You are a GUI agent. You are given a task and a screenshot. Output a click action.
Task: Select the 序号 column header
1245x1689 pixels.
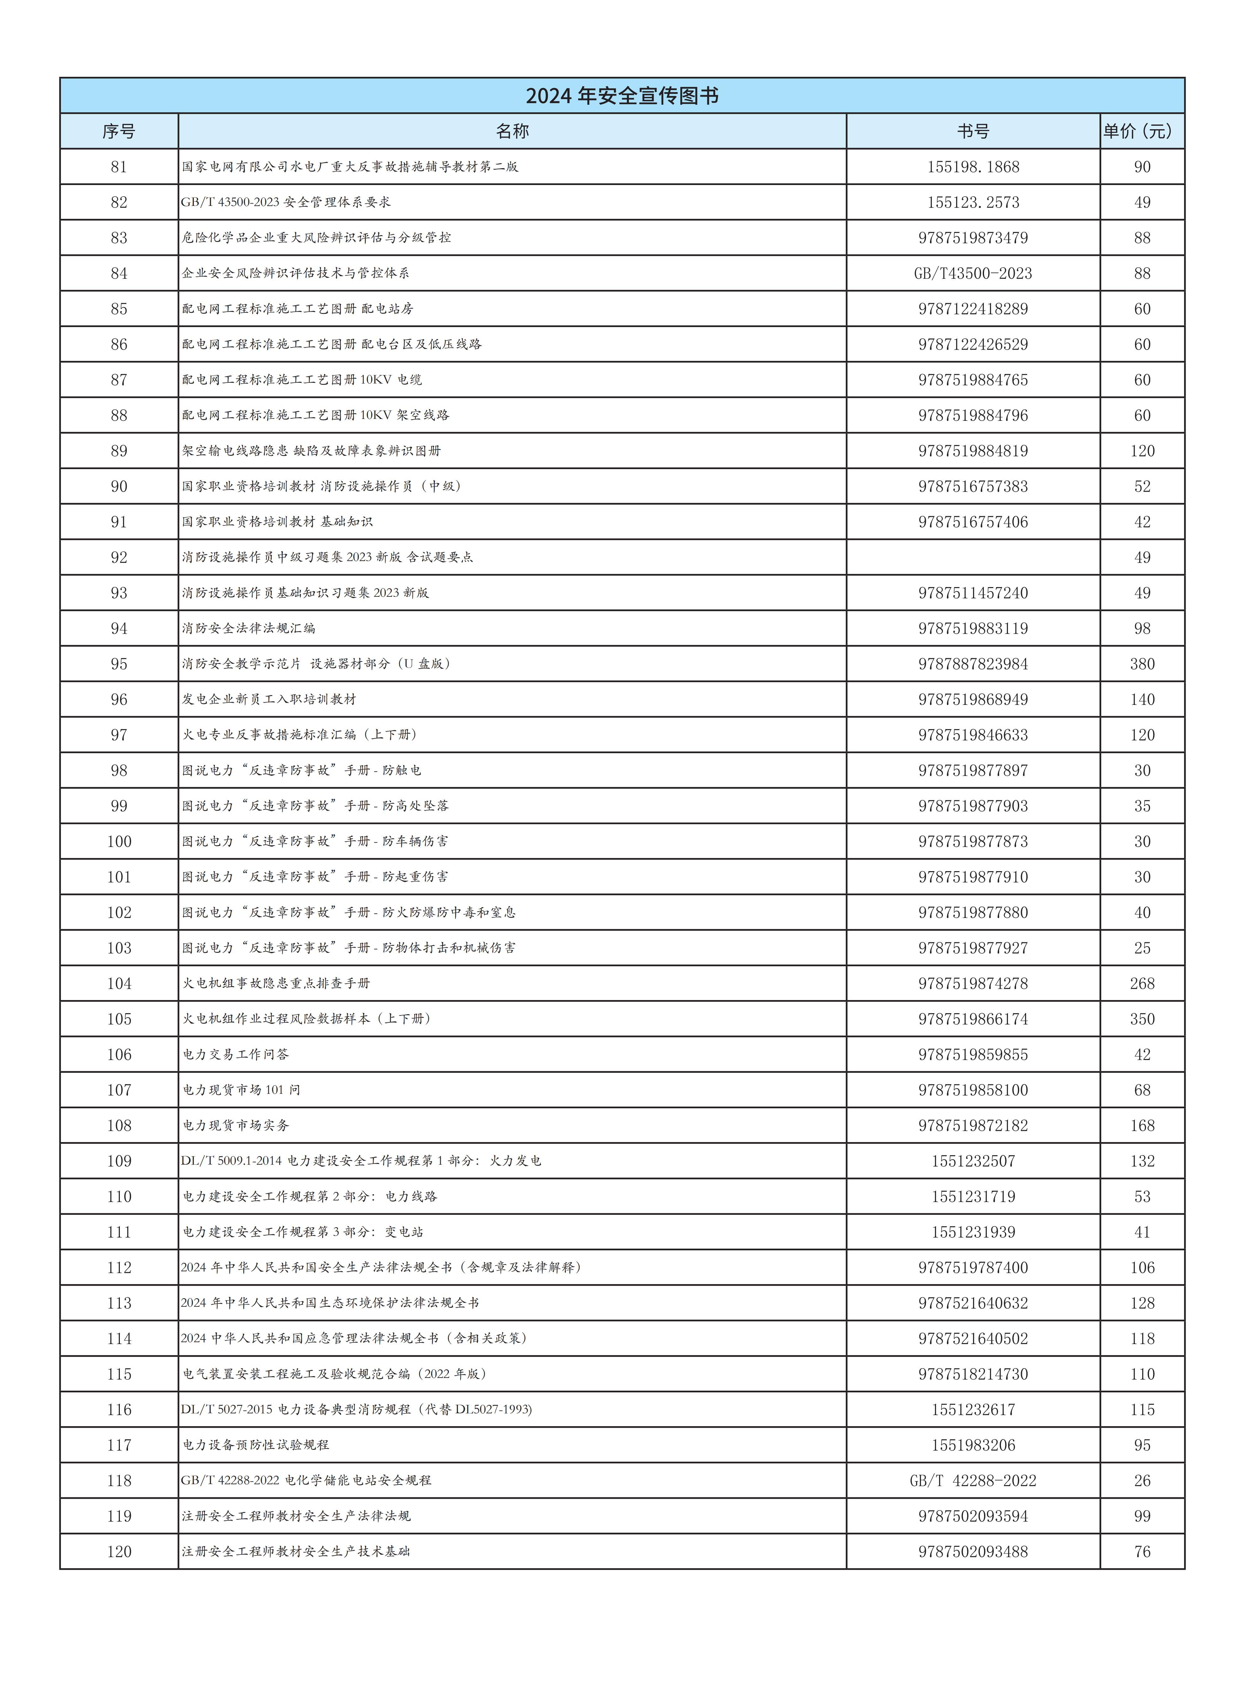click(x=119, y=131)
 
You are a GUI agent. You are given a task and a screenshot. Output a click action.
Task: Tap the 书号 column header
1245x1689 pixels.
click(x=973, y=131)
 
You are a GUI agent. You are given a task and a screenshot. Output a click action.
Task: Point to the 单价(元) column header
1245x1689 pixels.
click(x=1142, y=131)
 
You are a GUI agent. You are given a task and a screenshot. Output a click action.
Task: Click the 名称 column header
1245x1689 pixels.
click(x=513, y=131)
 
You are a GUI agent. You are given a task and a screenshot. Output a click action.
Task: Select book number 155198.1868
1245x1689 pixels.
click(x=973, y=167)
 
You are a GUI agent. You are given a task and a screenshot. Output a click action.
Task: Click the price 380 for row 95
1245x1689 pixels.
click(x=1142, y=664)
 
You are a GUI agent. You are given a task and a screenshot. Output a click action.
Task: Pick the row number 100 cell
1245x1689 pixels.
click(x=119, y=841)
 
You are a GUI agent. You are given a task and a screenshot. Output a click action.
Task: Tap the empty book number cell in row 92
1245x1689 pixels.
click(x=973, y=558)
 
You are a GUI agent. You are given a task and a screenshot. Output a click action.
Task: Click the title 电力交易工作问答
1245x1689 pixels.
click(x=236, y=1054)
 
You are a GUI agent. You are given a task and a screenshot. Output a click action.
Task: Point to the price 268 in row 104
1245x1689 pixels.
click(x=1142, y=983)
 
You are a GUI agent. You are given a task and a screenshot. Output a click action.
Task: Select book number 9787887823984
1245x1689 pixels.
click(x=973, y=664)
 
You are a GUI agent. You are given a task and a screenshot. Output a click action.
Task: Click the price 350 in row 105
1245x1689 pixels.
click(x=1142, y=1019)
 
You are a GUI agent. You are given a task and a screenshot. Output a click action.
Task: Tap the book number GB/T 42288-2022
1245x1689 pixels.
click(x=973, y=1480)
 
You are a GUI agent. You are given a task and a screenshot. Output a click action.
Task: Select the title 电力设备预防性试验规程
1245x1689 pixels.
click(x=256, y=1445)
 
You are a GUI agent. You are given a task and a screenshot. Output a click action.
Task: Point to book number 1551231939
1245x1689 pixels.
click(x=973, y=1232)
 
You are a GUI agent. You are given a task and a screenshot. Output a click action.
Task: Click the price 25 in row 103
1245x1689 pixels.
click(x=1142, y=948)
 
